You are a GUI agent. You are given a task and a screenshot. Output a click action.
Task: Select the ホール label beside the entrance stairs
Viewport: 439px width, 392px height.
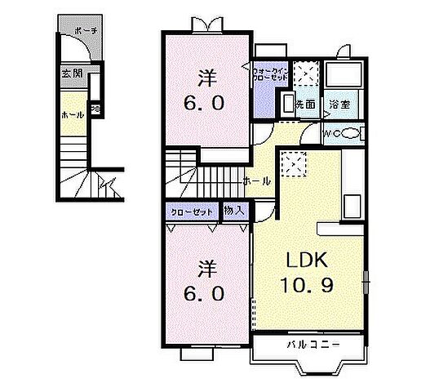coord(72,115)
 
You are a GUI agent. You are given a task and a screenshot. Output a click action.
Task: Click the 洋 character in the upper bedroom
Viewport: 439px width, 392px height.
coord(207,78)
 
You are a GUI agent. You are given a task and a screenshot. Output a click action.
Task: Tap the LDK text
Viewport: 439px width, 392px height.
coord(305,261)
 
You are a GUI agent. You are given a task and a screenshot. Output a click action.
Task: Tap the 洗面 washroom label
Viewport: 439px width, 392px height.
coord(305,104)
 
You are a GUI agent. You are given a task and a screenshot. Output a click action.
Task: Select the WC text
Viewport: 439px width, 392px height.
coord(330,134)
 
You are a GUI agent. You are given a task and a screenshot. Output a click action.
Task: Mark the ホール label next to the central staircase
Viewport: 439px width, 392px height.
coord(255,180)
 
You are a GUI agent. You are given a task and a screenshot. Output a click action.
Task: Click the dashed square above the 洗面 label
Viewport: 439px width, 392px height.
coord(304,76)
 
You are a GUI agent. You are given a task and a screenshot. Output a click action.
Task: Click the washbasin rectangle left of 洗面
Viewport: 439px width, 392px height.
coord(286,103)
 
